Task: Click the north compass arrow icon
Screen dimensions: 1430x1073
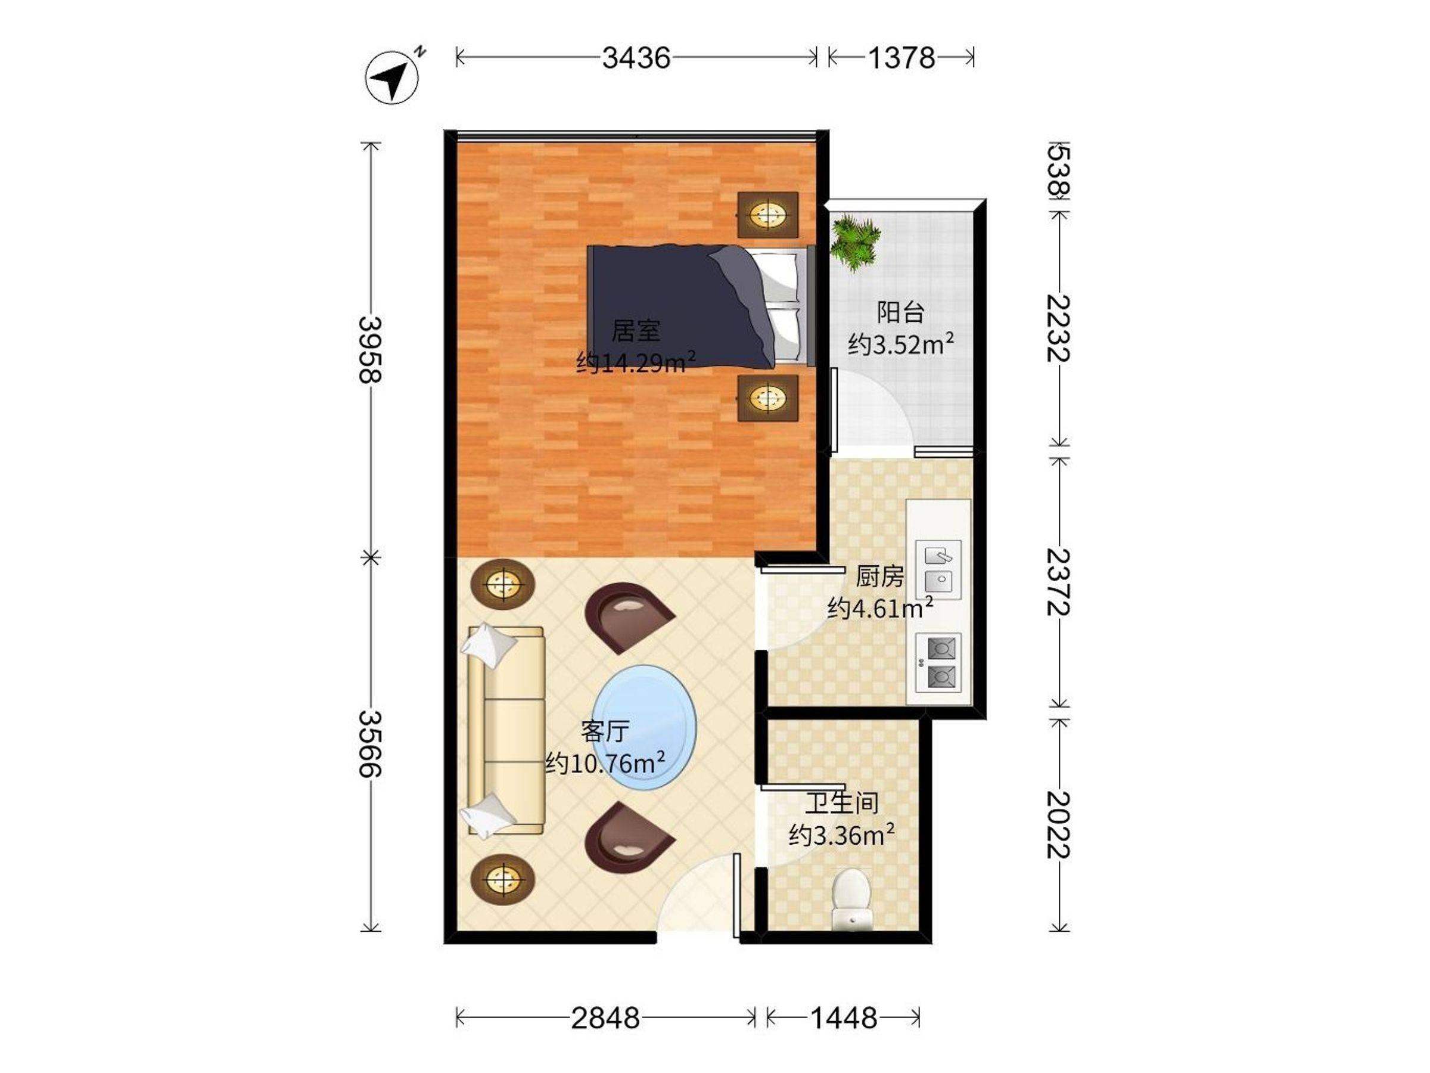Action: coord(393,76)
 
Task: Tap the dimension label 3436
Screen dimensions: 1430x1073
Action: coord(636,58)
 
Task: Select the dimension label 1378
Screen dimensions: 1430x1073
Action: coord(900,58)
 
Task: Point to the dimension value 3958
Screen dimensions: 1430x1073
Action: coord(371,350)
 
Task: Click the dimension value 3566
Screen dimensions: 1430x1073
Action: coord(371,744)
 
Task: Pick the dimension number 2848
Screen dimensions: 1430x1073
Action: coord(605,1018)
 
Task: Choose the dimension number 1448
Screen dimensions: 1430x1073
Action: coord(844,1018)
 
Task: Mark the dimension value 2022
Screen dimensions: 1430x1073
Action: coord(1058,824)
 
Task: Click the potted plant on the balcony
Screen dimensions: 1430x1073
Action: coord(855,243)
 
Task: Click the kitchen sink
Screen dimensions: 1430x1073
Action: coord(938,570)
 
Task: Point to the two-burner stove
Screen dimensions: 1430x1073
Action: coord(938,662)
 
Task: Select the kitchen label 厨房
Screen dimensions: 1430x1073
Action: coord(880,576)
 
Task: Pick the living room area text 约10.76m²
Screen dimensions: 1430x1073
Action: coord(605,762)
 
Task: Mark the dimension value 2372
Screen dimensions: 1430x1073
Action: coord(1058,582)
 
